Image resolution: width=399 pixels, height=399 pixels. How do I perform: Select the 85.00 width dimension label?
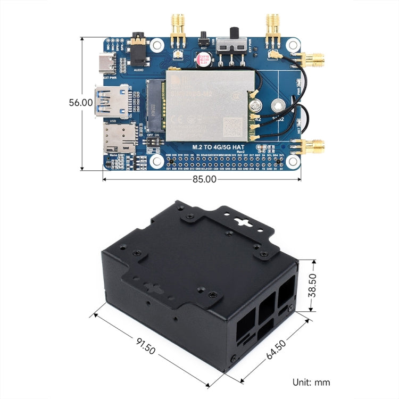coord(204,179)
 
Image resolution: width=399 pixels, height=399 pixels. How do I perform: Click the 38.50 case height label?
coord(314,286)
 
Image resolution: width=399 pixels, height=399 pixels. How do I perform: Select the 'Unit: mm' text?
coord(311,382)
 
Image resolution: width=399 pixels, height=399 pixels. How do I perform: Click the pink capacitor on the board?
coord(203,60)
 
